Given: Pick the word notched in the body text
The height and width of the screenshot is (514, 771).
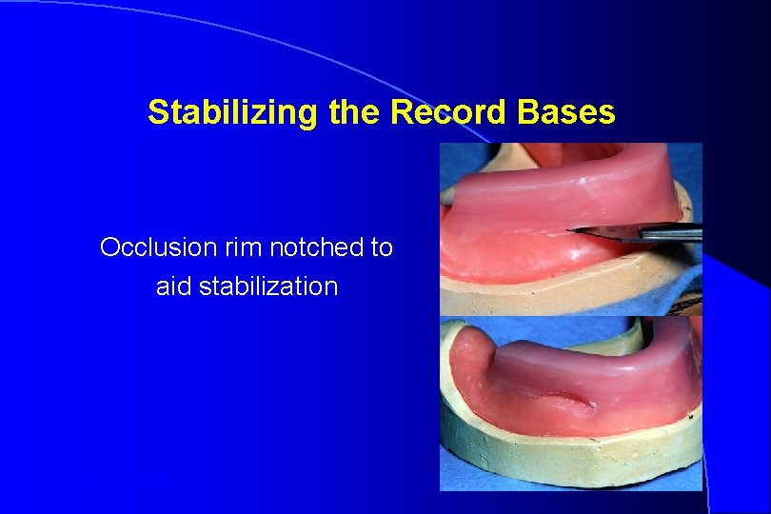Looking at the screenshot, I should (319, 248).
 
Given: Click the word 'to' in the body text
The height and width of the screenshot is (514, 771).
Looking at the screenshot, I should (382, 248).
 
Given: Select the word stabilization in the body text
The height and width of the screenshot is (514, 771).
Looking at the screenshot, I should (270, 287).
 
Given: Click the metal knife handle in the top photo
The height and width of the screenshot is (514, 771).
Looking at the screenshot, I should (671, 231).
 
